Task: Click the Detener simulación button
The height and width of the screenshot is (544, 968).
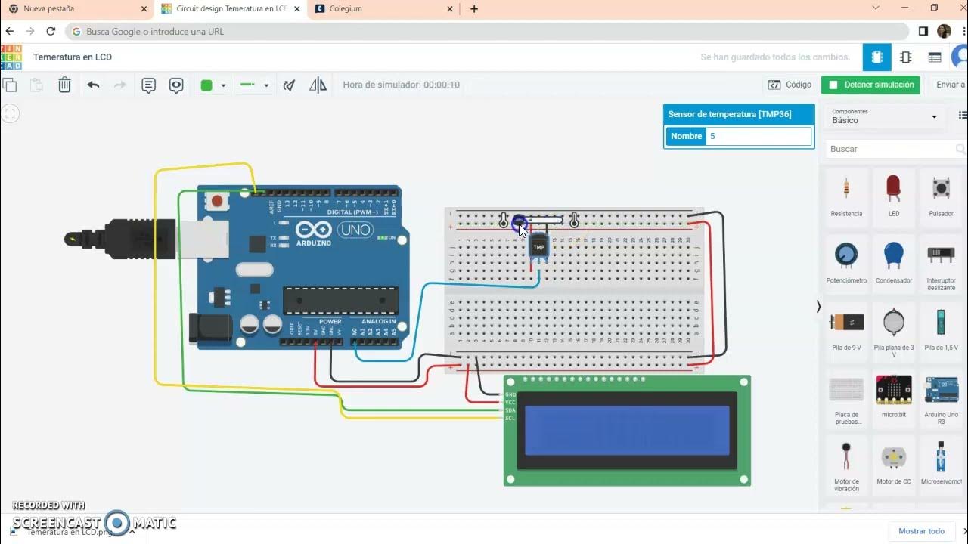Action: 870,85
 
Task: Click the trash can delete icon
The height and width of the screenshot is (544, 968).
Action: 65,85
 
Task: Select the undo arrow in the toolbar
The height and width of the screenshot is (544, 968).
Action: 93,85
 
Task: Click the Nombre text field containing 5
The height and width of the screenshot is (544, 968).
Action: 758,137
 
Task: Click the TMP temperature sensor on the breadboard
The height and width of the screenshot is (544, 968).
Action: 538,246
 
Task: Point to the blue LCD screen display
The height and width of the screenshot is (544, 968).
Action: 627,430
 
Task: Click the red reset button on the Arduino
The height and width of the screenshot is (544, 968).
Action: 218,201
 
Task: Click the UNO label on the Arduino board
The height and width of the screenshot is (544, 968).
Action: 354,230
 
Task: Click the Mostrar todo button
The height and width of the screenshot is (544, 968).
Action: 921,531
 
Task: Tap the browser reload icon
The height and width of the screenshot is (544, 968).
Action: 51,32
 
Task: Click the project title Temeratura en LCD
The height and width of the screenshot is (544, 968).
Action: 73,57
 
